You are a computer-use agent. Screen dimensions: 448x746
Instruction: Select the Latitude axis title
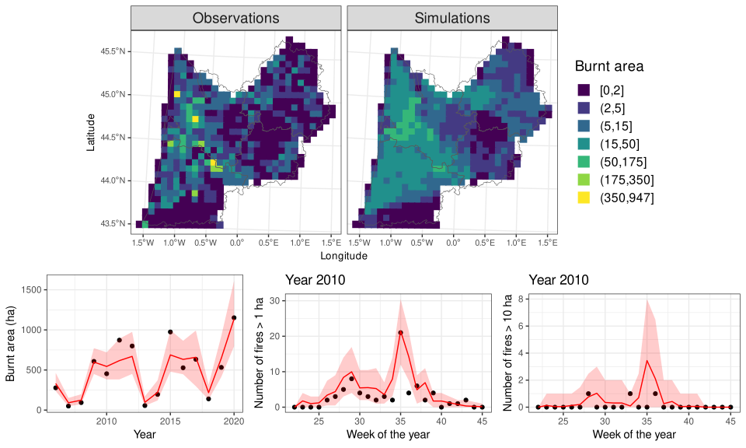coord(92,132)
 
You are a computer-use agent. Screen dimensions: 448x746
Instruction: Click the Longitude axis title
coord(343,255)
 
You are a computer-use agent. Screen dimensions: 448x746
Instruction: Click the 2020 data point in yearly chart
coord(234,317)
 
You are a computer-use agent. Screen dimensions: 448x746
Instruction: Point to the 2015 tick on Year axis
coord(170,421)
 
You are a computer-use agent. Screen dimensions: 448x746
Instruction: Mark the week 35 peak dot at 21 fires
coord(400,333)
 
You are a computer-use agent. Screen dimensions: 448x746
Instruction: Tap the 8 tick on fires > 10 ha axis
coord(521,298)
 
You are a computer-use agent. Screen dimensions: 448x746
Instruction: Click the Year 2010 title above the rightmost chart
coord(558,280)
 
